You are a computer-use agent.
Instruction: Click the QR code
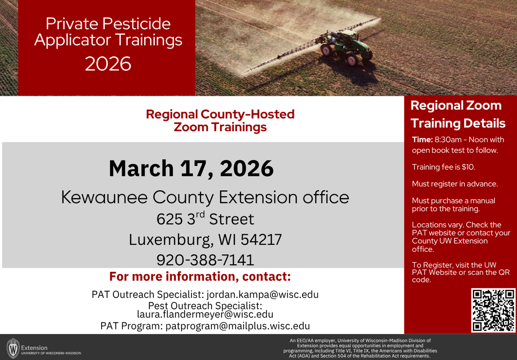click(x=493, y=310)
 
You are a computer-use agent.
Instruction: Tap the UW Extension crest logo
click(x=13, y=349)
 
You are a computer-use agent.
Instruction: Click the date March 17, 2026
click(x=191, y=169)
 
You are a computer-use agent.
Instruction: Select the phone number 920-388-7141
click(x=205, y=260)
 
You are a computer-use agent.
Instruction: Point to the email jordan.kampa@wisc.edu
click(x=262, y=294)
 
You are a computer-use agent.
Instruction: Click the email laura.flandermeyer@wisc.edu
click(x=205, y=314)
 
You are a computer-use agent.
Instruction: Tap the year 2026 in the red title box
click(x=108, y=64)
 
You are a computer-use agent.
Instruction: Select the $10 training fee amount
click(x=469, y=167)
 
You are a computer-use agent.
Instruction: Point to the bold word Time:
click(x=422, y=140)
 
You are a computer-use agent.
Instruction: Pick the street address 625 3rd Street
click(x=205, y=219)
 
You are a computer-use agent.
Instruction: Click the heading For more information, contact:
click(x=200, y=276)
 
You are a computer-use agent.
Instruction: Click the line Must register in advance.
click(x=455, y=184)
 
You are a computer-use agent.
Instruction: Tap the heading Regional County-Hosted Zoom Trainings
click(x=220, y=121)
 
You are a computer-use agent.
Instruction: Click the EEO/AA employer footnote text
click(x=360, y=348)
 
